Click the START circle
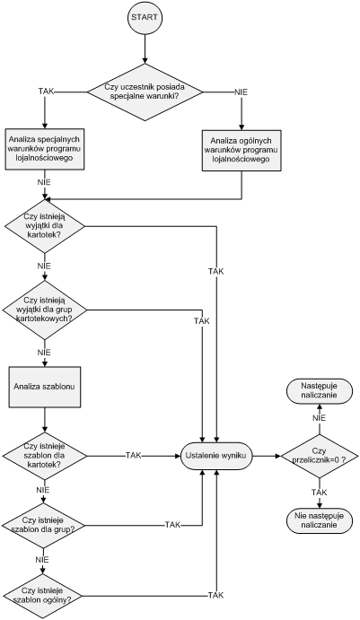tap(145, 17)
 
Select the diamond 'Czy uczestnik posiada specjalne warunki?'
tap(145, 92)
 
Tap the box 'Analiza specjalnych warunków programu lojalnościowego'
tap(45, 149)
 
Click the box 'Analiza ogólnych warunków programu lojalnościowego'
tap(241, 150)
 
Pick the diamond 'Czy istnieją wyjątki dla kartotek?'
tap(44, 226)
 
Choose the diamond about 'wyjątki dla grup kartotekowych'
tap(44, 310)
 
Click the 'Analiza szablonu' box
tap(45, 387)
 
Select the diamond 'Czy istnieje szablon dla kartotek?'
tap(44, 456)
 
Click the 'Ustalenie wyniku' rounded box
tap(216, 456)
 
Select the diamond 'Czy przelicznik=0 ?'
tap(319, 456)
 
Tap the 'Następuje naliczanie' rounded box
tap(319, 390)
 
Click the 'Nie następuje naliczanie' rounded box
tap(319, 520)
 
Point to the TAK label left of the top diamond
tap(47, 92)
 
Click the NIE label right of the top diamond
tap(241, 92)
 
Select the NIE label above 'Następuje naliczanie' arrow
tap(319, 418)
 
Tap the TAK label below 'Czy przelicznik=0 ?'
tap(319, 493)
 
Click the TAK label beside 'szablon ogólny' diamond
tap(215, 595)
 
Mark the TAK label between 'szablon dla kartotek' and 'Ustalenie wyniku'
tap(134, 455)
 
